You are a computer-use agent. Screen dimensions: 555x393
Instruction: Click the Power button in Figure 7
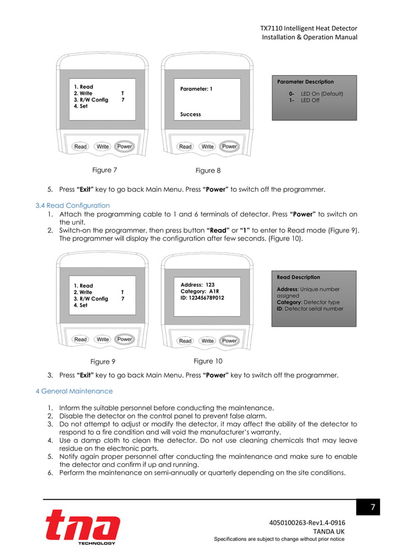click(x=124, y=146)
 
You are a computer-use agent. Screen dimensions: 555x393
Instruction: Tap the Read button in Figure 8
click(x=185, y=146)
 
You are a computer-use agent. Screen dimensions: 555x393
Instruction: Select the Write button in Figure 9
click(x=103, y=339)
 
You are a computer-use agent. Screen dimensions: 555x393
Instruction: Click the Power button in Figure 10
click(x=230, y=340)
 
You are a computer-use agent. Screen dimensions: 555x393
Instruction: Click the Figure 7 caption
click(x=102, y=170)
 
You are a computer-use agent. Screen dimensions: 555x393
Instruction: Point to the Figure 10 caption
click(x=208, y=361)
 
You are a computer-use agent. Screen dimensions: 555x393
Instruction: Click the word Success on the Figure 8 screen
click(x=190, y=114)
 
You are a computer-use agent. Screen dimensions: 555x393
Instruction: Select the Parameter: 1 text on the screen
click(x=197, y=89)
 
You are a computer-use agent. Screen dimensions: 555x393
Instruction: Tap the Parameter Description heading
click(x=306, y=81)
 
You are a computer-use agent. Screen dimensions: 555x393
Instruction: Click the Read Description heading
click(x=299, y=277)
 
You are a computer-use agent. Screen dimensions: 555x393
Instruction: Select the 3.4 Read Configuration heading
click(x=73, y=206)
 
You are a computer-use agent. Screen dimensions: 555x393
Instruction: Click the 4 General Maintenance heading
click(x=74, y=391)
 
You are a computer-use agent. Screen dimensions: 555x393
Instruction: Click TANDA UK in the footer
click(x=329, y=531)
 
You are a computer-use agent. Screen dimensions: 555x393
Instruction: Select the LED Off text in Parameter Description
click(x=310, y=100)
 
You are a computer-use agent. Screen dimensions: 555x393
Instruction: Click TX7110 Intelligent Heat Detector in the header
click(x=308, y=28)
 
